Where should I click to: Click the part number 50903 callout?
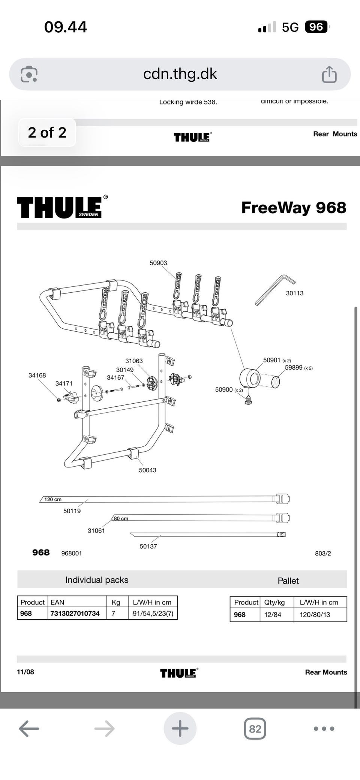pyautogui.click(x=158, y=263)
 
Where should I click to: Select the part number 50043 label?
pyautogui.click(x=147, y=470)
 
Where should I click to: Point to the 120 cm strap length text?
pyautogui.click(x=53, y=499)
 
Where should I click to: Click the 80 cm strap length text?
pyautogui.click(x=121, y=518)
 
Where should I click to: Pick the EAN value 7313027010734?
pyautogui.click(x=75, y=613)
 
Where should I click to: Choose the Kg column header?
pyautogui.click(x=116, y=602)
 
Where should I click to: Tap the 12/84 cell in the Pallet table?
pyautogui.click(x=273, y=614)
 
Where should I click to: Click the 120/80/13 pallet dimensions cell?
pyautogui.click(x=315, y=614)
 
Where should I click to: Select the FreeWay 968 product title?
pyautogui.click(x=294, y=208)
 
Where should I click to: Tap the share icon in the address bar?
pyautogui.click(x=329, y=74)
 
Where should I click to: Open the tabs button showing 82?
pyautogui.click(x=255, y=729)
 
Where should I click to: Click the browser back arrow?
pyautogui.click(x=29, y=729)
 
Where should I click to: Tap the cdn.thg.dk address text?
pyautogui.click(x=180, y=74)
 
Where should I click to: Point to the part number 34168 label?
pyautogui.click(x=37, y=375)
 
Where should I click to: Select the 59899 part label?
pyautogui.click(x=294, y=368)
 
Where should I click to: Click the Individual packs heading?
pyautogui.click(x=97, y=580)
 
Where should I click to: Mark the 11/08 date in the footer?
pyautogui.click(x=25, y=672)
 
